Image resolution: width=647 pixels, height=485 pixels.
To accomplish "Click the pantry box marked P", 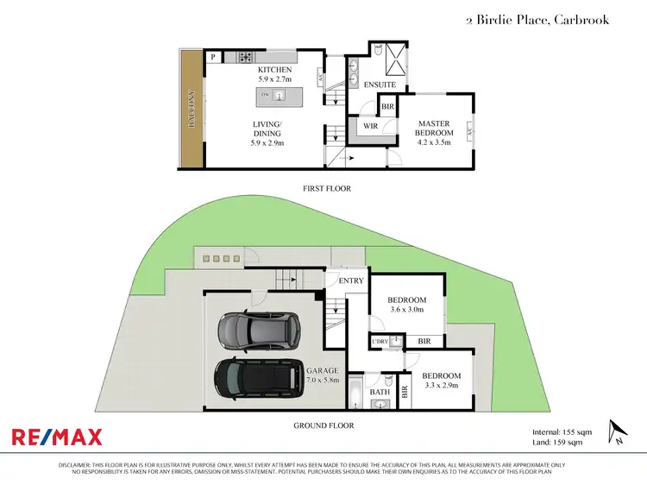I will click(x=213, y=57).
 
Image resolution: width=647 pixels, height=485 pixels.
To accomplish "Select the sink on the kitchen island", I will click(x=280, y=94).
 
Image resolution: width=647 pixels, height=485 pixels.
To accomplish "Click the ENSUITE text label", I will click(x=380, y=85).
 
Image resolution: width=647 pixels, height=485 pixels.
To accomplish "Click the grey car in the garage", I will click(x=258, y=329).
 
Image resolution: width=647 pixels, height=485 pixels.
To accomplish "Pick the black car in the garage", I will click(x=260, y=377).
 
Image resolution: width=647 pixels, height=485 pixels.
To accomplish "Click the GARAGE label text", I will click(x=322, y=370).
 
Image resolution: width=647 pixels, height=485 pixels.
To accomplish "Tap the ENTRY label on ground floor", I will click(x=351, y=280).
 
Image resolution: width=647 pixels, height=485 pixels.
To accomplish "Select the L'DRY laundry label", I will click(x=379, y=342).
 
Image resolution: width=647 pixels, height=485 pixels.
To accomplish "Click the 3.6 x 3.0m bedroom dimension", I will click(x=407, y=309).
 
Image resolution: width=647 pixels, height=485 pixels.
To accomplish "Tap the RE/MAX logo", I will click(x=56, y=438).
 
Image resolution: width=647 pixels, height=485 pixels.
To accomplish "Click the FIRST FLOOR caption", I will click(x=326, y=188).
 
